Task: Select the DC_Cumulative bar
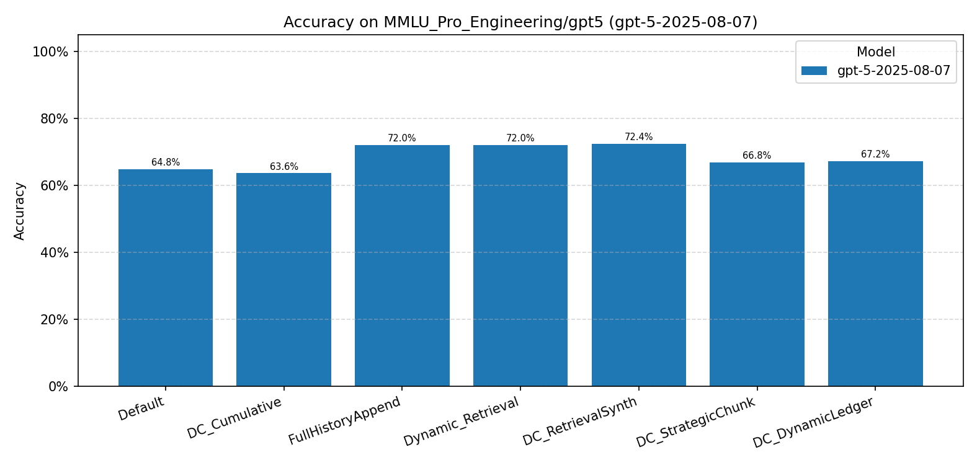tap(283, 280)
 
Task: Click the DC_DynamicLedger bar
tap(875, 273)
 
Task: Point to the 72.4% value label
tap(638, 137)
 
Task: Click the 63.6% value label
tap(283, 167)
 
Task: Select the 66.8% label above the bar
tap(757, 156)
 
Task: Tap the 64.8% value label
tap(166, 162)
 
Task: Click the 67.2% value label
tap(875, 154)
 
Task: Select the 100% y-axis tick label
tap(50, 51)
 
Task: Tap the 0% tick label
tap(58, 386)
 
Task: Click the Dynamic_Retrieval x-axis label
tap(462, 421)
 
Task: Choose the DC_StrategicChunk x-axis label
tap(696, 422)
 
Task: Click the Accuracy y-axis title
tap(20, 211)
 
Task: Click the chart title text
tap(520, 22)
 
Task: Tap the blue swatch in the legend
tap(814, 71)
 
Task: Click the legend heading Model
tap(875, 52)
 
